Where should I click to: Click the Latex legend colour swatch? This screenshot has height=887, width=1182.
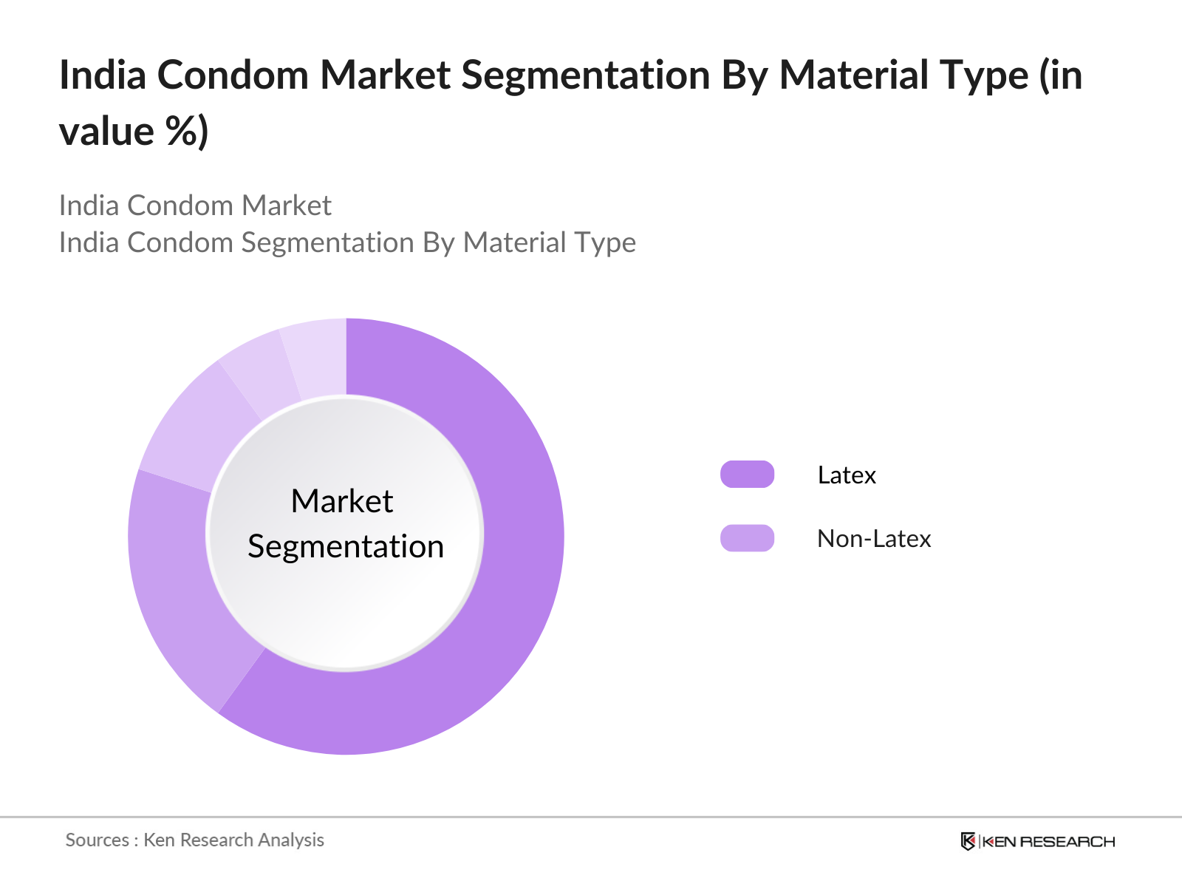(x=747, y=475)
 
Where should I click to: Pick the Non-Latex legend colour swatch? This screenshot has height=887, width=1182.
(x=747, y=538)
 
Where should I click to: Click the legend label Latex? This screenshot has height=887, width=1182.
(x=847, y=475)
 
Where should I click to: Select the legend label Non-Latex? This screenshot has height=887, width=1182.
(x=874, y=538)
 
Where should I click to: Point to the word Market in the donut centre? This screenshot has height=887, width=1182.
(x=342, y=501)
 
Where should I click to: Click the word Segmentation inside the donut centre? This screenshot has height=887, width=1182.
(x=346, y=547)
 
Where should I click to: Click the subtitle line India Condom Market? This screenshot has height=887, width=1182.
(x=195, y=205)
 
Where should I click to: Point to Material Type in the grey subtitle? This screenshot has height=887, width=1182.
(x=549, y=242)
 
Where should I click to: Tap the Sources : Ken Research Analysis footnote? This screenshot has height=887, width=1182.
(x=195, y=840)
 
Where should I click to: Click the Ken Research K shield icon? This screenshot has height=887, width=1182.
(x=968, y=841)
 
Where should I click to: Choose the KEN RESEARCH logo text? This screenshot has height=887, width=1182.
(x=1048, y=841)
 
